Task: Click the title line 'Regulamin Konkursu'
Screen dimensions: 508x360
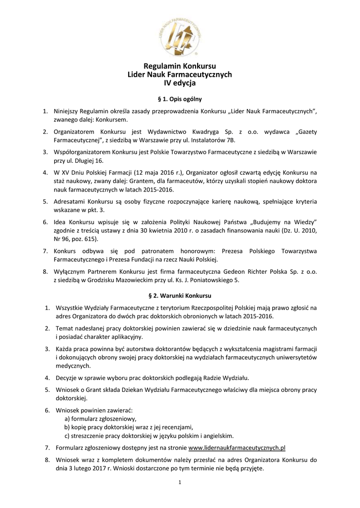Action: [180, 66]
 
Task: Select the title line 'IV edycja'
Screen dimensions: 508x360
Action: [180, 83]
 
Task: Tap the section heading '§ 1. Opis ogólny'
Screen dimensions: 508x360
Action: [180, 99]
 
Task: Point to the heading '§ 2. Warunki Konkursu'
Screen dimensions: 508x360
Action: [180, 296]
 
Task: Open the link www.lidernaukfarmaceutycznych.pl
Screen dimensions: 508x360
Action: [237, 447]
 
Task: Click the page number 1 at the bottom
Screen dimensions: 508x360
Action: [180, 482]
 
